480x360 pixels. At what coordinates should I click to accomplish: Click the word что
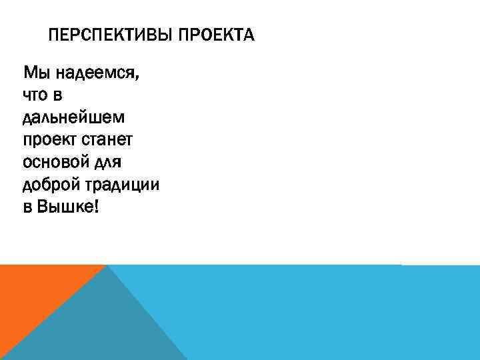pyautogui.click(x=37, y=95)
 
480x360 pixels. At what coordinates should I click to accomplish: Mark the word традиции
pyautogui.click(x=123, y=185)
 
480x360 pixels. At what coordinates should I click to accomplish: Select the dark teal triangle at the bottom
pyautogui.click(x=100, y=327)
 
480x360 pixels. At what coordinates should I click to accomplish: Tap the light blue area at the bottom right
pyautogui.click(x=333, y=313)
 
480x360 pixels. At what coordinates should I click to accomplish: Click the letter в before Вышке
pyautogui.click(x=27, y=208)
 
